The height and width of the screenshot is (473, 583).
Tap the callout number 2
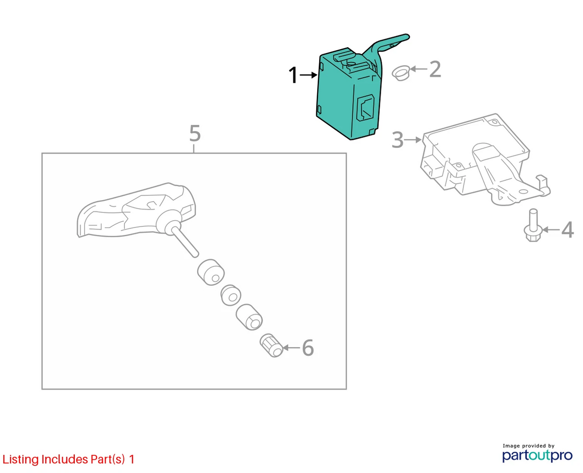point(435,69)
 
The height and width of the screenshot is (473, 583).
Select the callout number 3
point(397,140)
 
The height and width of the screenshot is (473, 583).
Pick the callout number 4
point(567,230)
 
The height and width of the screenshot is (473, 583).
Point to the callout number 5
point(195,133)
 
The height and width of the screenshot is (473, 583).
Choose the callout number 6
point(308,348)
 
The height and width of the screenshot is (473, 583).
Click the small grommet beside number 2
point(401,73)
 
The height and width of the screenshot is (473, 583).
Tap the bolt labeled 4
point(532,225)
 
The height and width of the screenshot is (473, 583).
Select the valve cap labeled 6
point(271,346)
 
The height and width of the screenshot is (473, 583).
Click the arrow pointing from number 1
point(309,75)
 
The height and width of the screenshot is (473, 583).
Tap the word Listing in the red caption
point(20,459)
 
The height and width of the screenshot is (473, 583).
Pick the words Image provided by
point(529,446)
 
